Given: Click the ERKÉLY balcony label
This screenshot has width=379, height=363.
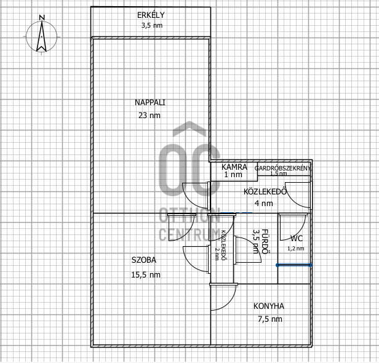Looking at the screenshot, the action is [151, 15].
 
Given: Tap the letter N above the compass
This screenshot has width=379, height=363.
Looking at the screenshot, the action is [42, 18].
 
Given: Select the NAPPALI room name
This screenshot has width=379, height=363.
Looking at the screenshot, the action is [150, 103].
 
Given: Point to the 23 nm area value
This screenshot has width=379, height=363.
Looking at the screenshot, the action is [150, 115].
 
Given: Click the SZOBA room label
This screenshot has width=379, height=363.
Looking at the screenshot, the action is [144, 260].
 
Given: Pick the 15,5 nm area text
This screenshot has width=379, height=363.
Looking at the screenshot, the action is [146, 275].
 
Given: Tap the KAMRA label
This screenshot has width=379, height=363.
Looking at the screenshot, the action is [234, 167].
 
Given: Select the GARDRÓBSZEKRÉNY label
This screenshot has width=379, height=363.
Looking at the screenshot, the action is [282, 168].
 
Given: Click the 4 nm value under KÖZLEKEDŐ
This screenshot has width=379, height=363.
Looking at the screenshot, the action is [264, 203].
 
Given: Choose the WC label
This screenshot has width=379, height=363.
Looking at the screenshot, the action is [297, 239].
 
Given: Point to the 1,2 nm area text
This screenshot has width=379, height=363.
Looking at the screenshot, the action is [295, 249].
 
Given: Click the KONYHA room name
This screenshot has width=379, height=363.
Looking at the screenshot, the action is [269, 306].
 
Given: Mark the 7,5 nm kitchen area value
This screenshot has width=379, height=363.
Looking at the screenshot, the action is [270, 319].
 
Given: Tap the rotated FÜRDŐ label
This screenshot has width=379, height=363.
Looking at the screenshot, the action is [265, 242].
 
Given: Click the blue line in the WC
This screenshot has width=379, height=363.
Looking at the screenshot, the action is [294, 265].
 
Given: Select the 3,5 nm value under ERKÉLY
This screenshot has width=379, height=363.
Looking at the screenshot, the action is [152, 25].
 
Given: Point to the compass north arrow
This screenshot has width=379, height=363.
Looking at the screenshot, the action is [42, 36].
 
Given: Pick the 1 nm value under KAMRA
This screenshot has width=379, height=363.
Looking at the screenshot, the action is [233, 175].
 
